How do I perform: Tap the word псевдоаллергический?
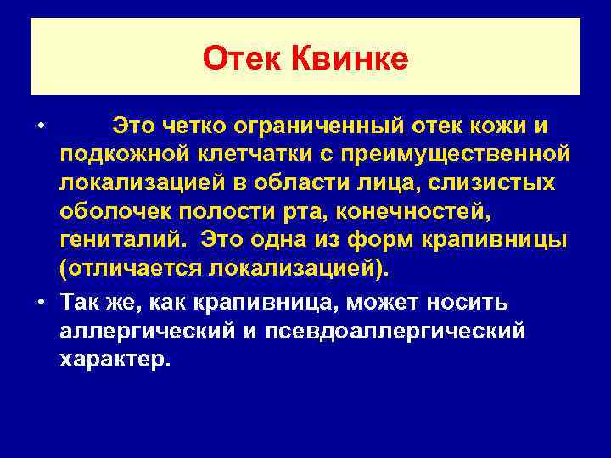pyautogui.click(x=398, y=329)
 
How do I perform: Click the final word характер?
pyautogui.click(x=114, y=358)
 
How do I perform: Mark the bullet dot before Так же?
pyautogui.click(x=42, y=301)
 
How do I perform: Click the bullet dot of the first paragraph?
pyautogui.click(x=42, y=127)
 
